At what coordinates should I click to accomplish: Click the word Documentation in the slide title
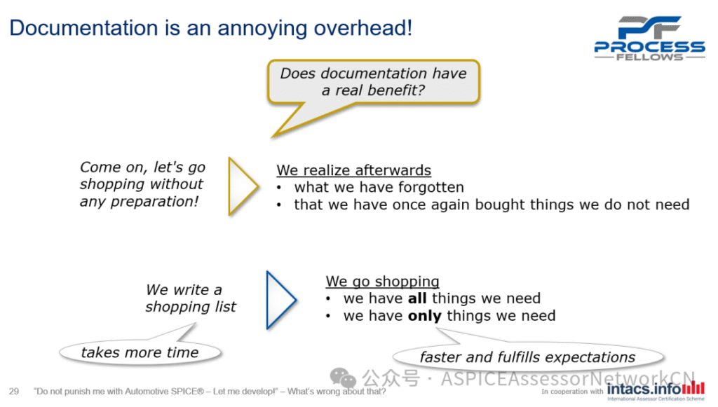point(84,27)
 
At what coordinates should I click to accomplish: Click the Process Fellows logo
point(649,39)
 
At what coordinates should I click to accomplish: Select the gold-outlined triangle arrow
point(243,186)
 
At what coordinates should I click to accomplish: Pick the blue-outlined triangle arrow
point(281,300)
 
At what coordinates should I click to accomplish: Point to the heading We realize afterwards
point(353,170)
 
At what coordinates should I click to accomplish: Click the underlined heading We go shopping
point(382,281)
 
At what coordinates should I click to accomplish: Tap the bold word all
point(417,298)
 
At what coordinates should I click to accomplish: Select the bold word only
point(424,315)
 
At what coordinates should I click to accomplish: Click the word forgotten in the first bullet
point(431,187)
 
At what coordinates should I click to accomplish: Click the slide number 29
point(14,392)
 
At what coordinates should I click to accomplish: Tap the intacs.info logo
point(656,389)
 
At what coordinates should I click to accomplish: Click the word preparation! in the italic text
point(154,201)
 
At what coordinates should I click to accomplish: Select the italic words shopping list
point(191,306)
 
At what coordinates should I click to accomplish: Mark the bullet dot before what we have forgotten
point(279,188)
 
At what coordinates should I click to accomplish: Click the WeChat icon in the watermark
point(342,378)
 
